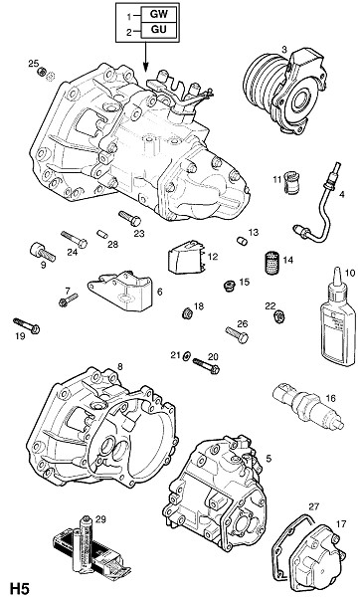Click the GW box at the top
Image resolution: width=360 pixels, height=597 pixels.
click(x=158, y=15)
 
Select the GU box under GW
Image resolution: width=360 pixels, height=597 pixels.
click(x=158, y=30)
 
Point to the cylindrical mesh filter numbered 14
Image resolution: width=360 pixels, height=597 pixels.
click(x=270, y=263)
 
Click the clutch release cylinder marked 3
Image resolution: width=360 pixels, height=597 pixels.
click(x=284, y=92)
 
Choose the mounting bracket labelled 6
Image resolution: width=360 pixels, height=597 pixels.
click(x=120, y=291)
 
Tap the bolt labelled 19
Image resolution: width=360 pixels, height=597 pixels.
click(x=26, y=325)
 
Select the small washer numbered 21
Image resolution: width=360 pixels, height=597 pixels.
click(x=187, y=356)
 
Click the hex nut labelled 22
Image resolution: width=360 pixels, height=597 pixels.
click(x=278, y=315)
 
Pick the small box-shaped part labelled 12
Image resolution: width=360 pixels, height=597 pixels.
click(x=185, y=257)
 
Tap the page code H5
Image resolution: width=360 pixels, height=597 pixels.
click(x=20, y=587)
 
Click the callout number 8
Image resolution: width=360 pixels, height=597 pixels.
click(x=120, y=366)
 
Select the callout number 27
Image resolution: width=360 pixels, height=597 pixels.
click(x=314, y=506)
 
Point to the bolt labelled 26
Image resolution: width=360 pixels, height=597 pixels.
click(x=237, y=334)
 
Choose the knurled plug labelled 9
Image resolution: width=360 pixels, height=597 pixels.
click(x=42, y=253)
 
